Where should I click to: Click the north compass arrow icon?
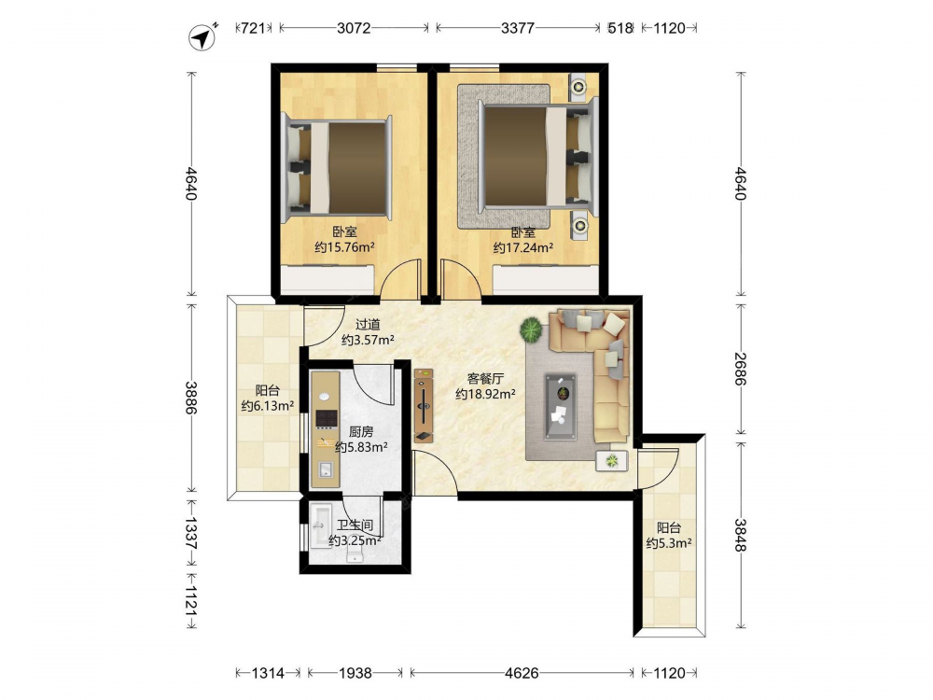pos(202,37)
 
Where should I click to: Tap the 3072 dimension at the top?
pos(354,27)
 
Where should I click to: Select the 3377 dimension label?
pos(518,27)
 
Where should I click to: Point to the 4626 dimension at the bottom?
pos(522,673)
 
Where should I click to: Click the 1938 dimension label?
pos(355,673)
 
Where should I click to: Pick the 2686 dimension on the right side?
pos(740,369)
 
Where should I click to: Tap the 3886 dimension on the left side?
pos(190,398)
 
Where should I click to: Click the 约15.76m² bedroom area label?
pos(344,247)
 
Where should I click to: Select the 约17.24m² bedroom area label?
pos(523,247)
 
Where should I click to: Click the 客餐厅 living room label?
pos(485,379)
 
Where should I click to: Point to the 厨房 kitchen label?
pos(361,432)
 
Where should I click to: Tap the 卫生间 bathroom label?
pos(355,525)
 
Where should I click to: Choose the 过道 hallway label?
pos(368,325)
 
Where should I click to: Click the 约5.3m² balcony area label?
pos(669,543)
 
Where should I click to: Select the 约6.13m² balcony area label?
pos(268,406)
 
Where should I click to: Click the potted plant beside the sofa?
pos(532,329)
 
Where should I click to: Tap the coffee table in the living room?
pos(561,407)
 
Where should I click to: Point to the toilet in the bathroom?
pos(355,556)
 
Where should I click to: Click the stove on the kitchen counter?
pos(326,419)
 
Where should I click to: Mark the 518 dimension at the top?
pos(620,27)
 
